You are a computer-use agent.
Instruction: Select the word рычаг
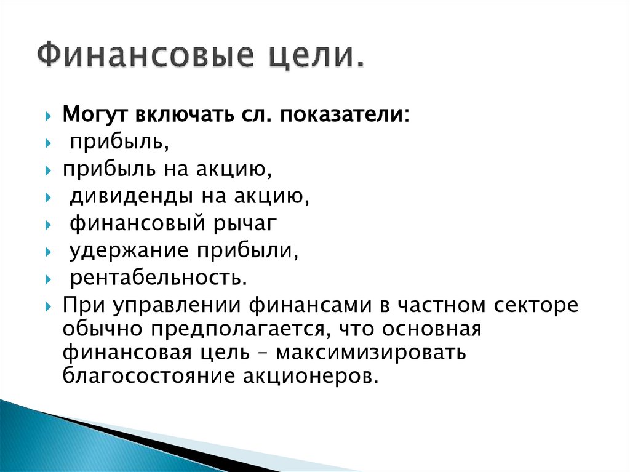246,223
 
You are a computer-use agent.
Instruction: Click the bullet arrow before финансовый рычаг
49,225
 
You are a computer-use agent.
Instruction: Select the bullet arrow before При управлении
49,306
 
